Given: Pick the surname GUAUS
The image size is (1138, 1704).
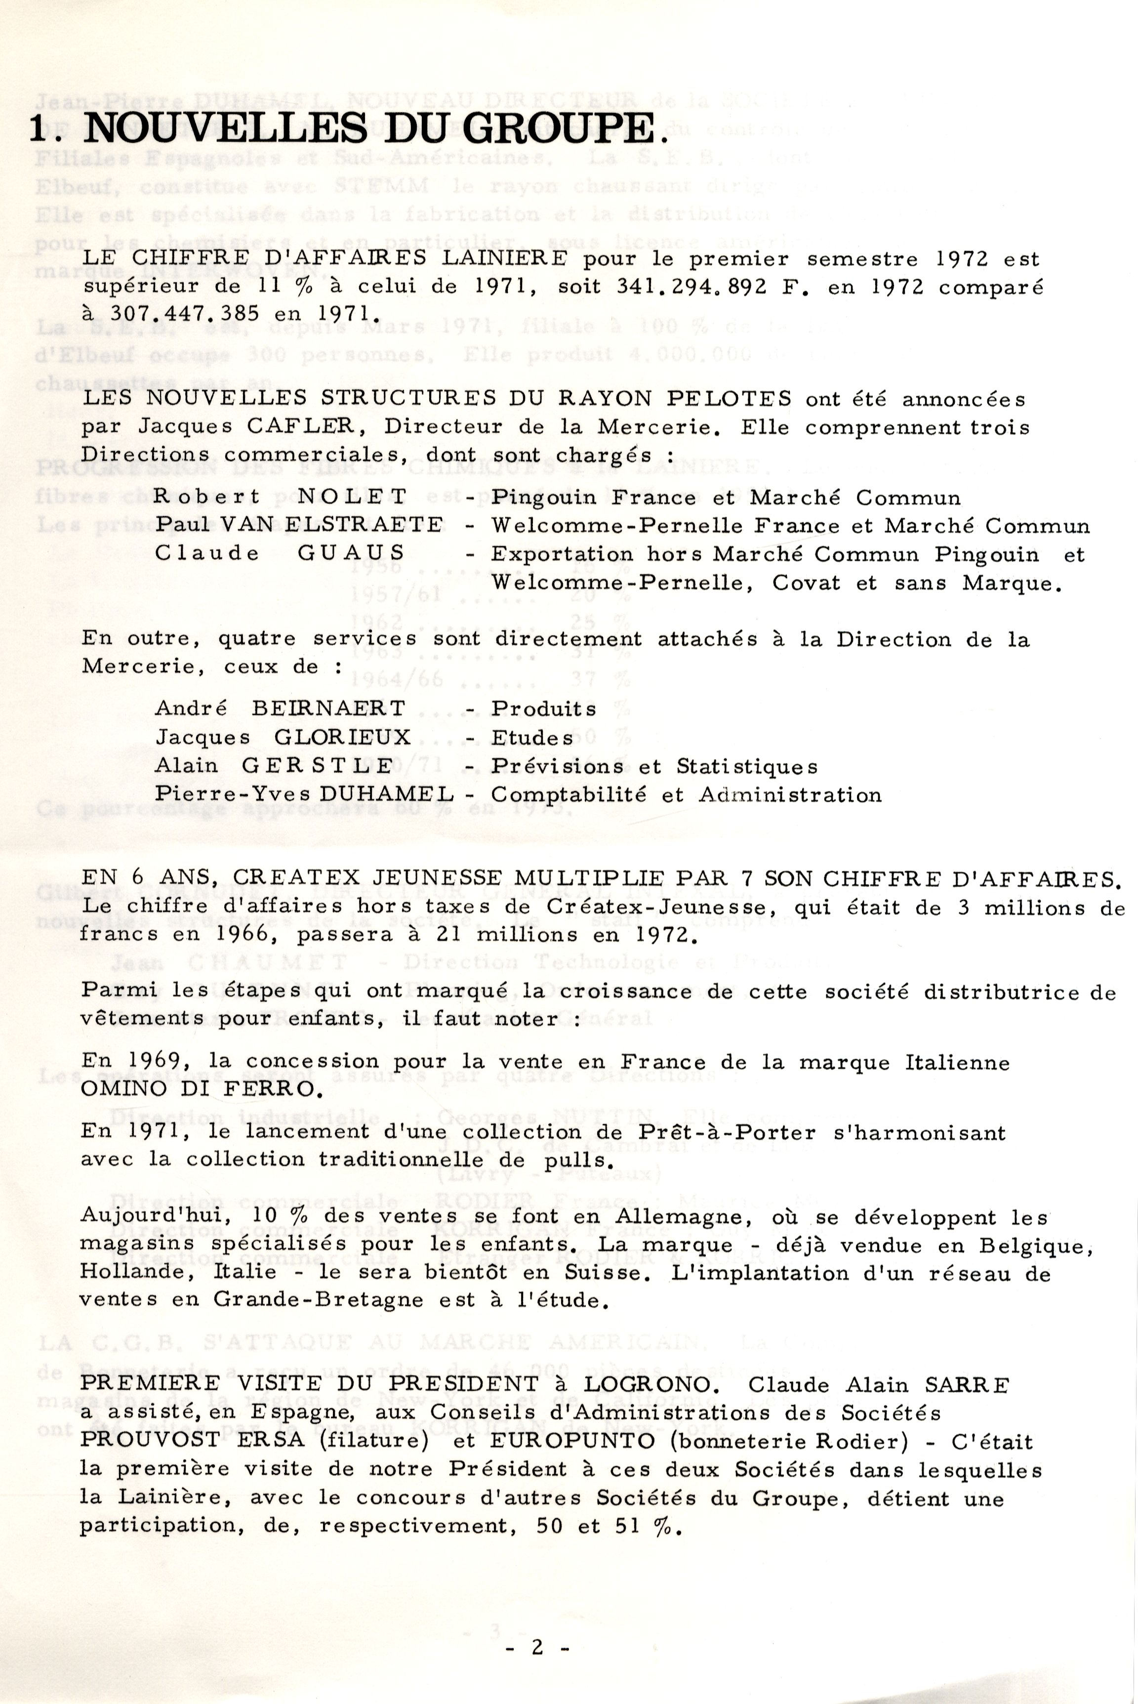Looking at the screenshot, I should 351,554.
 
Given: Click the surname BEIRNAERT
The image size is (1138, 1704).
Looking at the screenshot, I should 329,708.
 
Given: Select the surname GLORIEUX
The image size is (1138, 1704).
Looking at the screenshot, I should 343,738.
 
